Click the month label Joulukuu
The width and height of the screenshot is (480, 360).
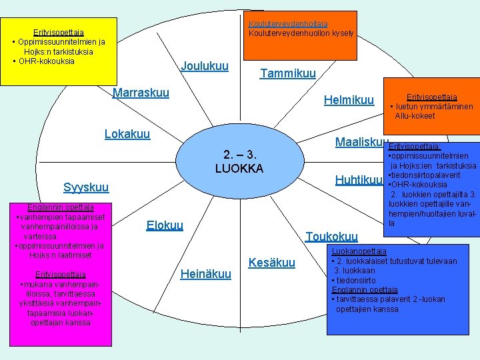[205, 67]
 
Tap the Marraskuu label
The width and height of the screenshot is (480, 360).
[141, 93]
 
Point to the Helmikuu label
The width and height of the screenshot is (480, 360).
[349, 100]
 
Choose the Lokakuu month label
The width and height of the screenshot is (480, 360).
[127, 133]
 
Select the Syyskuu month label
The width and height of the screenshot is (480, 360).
[86, 187]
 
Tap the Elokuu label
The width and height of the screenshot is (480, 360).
[164, 225]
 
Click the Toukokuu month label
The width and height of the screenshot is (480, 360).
[331, 236]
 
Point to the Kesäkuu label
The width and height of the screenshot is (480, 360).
[271, 263]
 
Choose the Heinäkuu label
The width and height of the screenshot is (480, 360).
[206, 273]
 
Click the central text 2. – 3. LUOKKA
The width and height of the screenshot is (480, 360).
[239, 161]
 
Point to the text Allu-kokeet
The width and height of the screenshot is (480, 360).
[414, 116]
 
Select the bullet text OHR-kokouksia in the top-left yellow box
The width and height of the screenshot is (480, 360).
[47, 61]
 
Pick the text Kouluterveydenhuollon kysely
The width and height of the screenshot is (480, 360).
[301, 33]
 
